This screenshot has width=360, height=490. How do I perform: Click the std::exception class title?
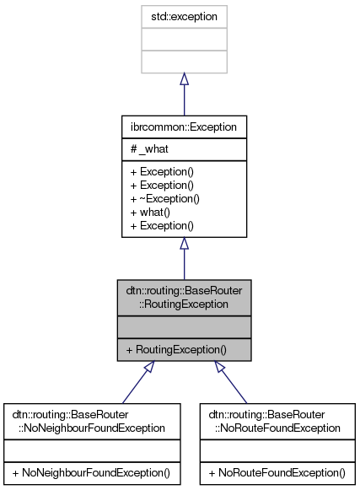tap(184, 16)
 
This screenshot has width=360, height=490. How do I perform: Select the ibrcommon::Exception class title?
tap(184, 127)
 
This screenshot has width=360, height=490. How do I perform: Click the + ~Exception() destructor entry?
tap(163, 198)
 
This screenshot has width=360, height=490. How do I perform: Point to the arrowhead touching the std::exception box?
tap(184, 78)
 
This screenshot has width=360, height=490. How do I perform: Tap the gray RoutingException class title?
tap(184, 297)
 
